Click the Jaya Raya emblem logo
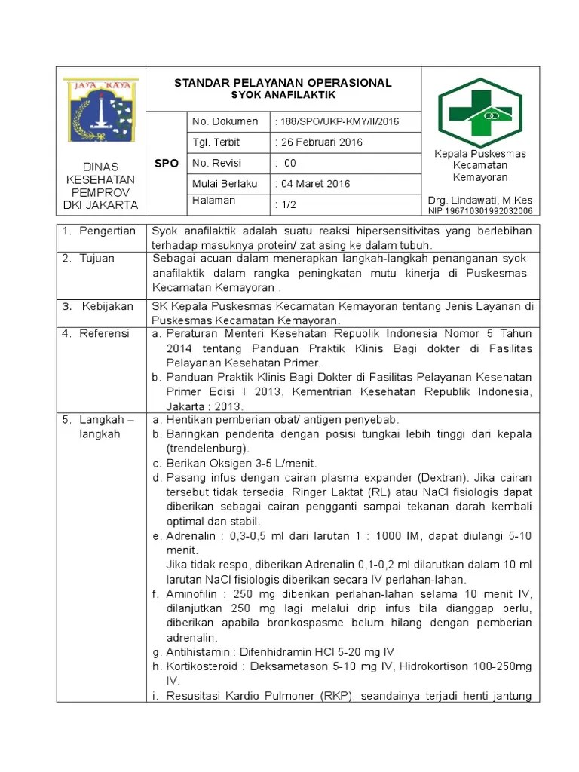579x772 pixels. [x=100, y=111]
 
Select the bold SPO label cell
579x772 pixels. [x=166, y=163]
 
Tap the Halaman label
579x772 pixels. [x=214, y=201]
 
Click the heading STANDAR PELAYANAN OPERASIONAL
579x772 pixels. [x=283, y=83]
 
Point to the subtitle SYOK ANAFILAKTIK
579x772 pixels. [x=283, y=96]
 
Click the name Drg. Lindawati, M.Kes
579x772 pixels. [x=479, y=200]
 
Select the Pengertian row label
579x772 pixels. [x=109, y=231]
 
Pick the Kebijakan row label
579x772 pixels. [x=107, y=306]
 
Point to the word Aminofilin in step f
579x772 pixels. [x=191, y=594]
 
